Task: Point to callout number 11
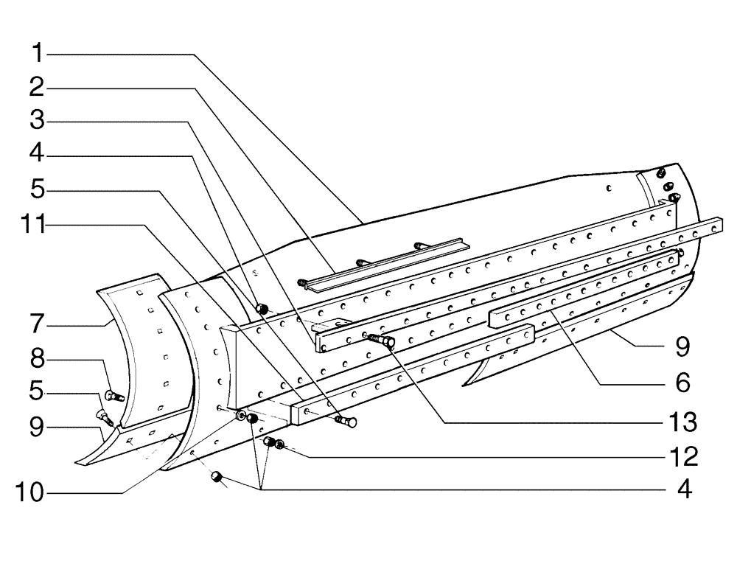coord(32,226)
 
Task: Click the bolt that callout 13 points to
coord(381,340)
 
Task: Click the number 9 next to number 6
coord(683,345)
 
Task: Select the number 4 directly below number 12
coord(683,490)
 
